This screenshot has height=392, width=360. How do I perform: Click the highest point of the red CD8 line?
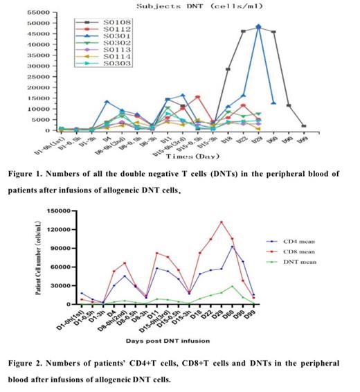tap(240, 222)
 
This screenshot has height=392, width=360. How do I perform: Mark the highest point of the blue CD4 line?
tap(252, 247)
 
